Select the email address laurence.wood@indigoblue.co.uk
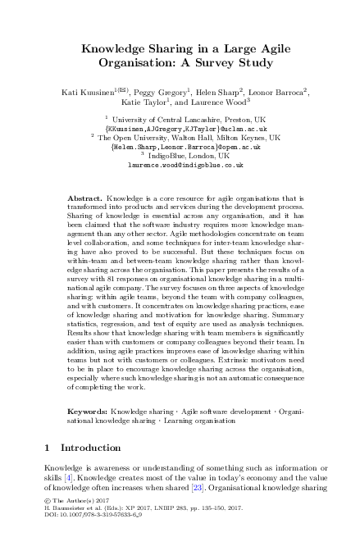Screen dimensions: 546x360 (x=180, y=165)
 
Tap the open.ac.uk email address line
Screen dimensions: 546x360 (x=180, y=147)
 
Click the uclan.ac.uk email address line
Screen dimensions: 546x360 (x=180, y=129)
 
